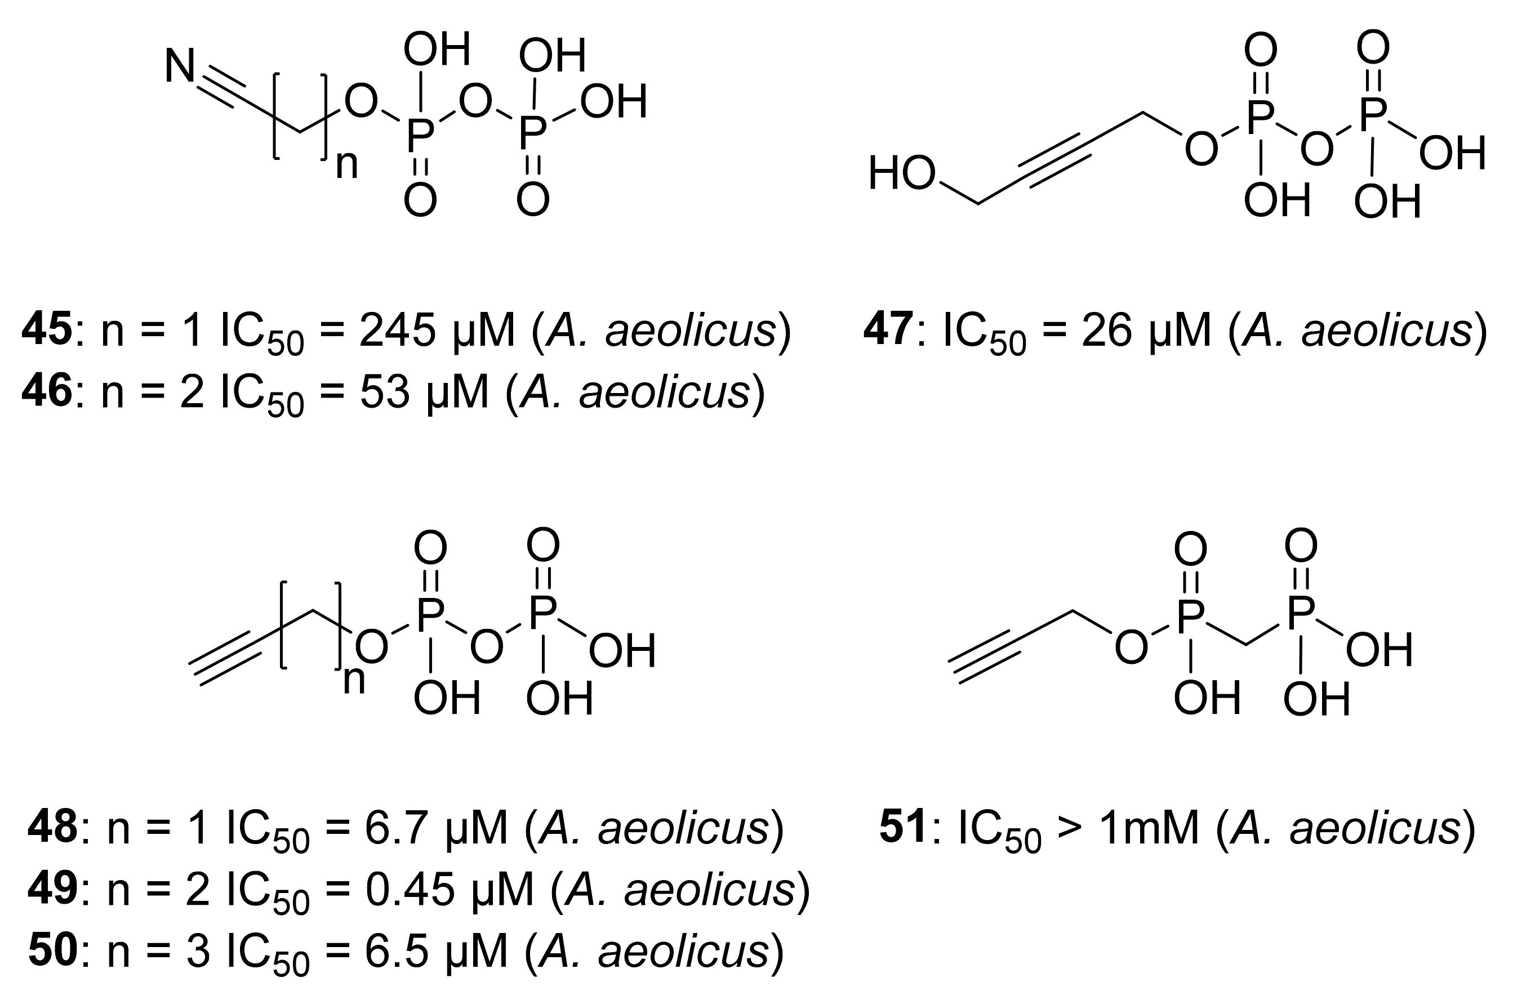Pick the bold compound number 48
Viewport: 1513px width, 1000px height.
tap(52, 828)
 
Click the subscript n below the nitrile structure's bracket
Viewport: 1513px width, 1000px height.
tap(347, 164)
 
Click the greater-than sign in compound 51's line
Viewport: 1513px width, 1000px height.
tap(1070, 828)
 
